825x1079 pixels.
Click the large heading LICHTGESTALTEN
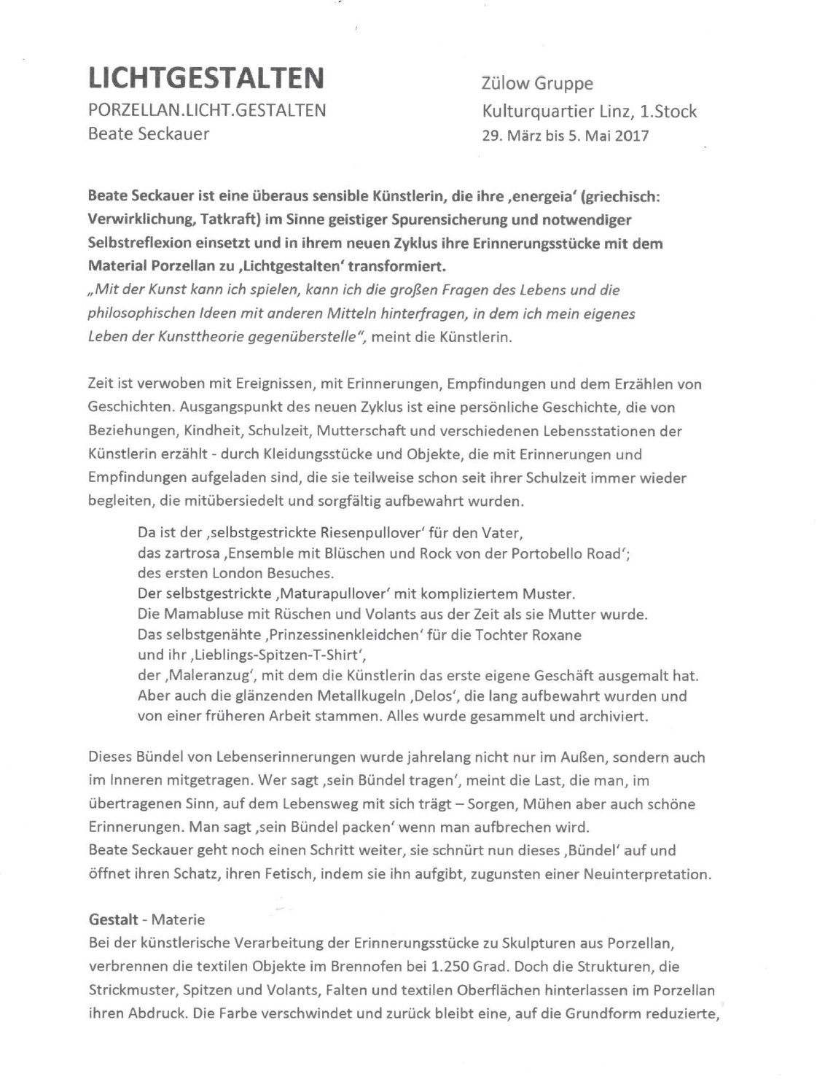point(206,77)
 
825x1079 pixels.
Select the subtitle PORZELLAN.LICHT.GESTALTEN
point(206,110)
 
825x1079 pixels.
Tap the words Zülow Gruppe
point(537,84)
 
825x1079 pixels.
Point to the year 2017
point(630,136)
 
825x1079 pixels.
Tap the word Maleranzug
point(212,675)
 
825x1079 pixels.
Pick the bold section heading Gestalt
point(113,919)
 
